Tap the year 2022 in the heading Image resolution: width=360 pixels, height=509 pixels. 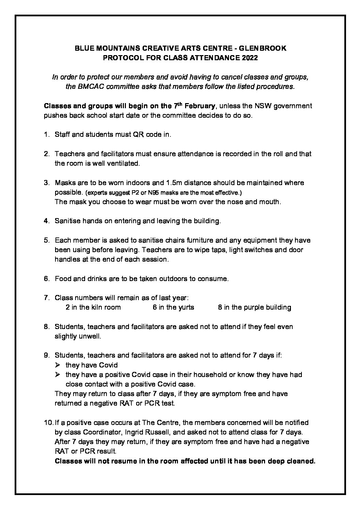(x=250, y=58)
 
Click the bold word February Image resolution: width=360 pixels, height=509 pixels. (x=200, y=106)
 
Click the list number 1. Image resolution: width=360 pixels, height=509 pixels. (x=46, y=134)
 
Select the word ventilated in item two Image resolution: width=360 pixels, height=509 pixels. (x=123, y=163)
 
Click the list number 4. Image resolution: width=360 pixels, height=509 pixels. (x=46, y=221)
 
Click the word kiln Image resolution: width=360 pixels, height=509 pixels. (x=97, y=308)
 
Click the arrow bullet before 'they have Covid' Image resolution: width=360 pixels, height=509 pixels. (x=58, y=365)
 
